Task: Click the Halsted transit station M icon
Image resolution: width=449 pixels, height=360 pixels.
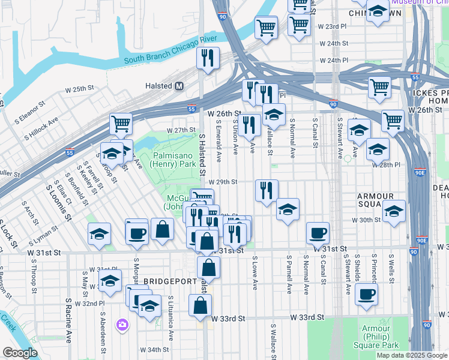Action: coord(179,86)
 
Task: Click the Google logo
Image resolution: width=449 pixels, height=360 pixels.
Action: coord(20,353)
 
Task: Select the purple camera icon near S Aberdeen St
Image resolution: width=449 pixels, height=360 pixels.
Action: coord(123,325)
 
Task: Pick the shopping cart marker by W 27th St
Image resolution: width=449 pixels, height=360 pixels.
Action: coord(121,124)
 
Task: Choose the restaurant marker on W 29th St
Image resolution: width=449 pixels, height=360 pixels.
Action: coord(267,190)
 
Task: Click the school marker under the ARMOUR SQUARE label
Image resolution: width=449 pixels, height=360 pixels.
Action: coord(394,212)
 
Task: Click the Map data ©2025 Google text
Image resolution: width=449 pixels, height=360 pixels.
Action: coord(412,355)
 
